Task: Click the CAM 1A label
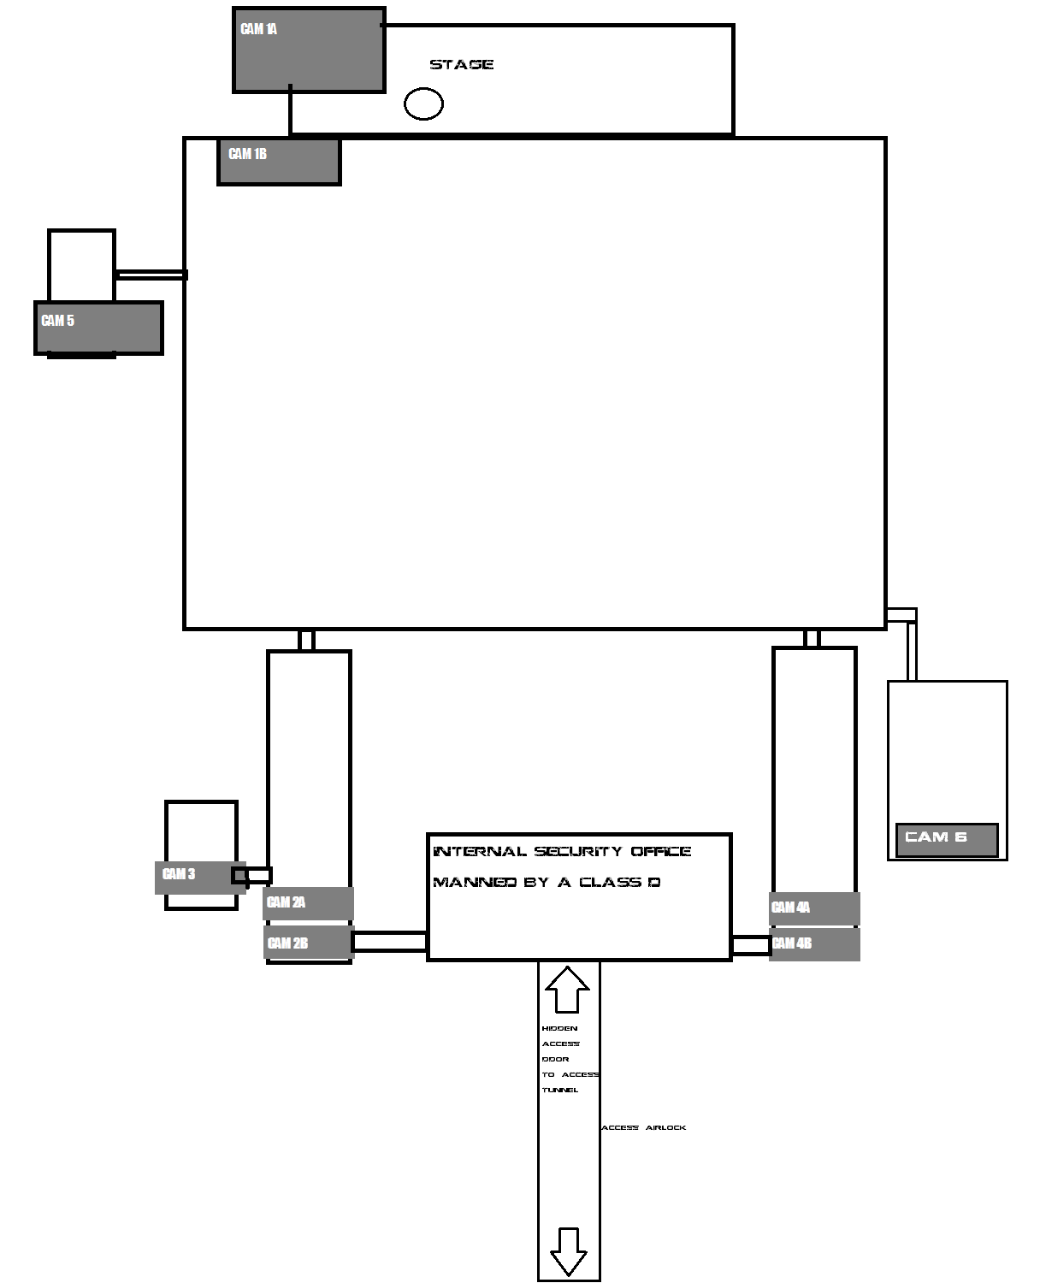click(x=259, y=29)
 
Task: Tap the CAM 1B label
click(x=247, y=154)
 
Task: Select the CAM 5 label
click(x=58, y=321)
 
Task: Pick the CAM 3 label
click(x=179, y=873)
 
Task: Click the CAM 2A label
click(x=286, y=902)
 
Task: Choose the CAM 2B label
click(x=288, y=943)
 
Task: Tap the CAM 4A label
click(x=790, y=908)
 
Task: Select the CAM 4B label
click(x=792, y=943)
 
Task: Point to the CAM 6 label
click(x=936, y=837)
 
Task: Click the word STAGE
click(x=462, y=64)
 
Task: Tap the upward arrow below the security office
click(x=567, y=989)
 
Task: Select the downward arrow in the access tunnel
click(x=569, y=1251)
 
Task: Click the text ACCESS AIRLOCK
click(x=644, y=1127)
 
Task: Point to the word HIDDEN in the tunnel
click(x=559, y=1028)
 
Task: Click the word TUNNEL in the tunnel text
click(x=560, y=1090)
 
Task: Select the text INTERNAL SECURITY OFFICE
click(x=562, y=851)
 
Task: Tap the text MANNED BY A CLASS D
click(x=547, y=882)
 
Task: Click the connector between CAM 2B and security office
click(x=390, y=941)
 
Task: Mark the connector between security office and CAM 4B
click(x=751, y=945)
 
